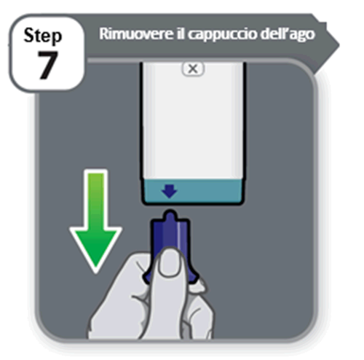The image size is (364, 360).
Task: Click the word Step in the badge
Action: [43, 36]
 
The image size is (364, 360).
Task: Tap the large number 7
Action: [47, 65]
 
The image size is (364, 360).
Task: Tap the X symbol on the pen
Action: [193, 69]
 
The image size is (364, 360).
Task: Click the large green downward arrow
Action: [95, 221]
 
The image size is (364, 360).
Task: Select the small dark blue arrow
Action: [170, 191]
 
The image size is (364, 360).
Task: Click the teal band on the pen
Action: [193, 191]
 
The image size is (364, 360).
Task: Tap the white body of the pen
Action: [193, 121]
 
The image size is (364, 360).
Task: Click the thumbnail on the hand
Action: [170, 262]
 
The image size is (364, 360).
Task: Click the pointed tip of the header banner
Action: [339, 45]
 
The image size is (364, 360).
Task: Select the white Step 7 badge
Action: [47, 52]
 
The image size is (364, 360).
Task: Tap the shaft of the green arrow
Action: [96, 199]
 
